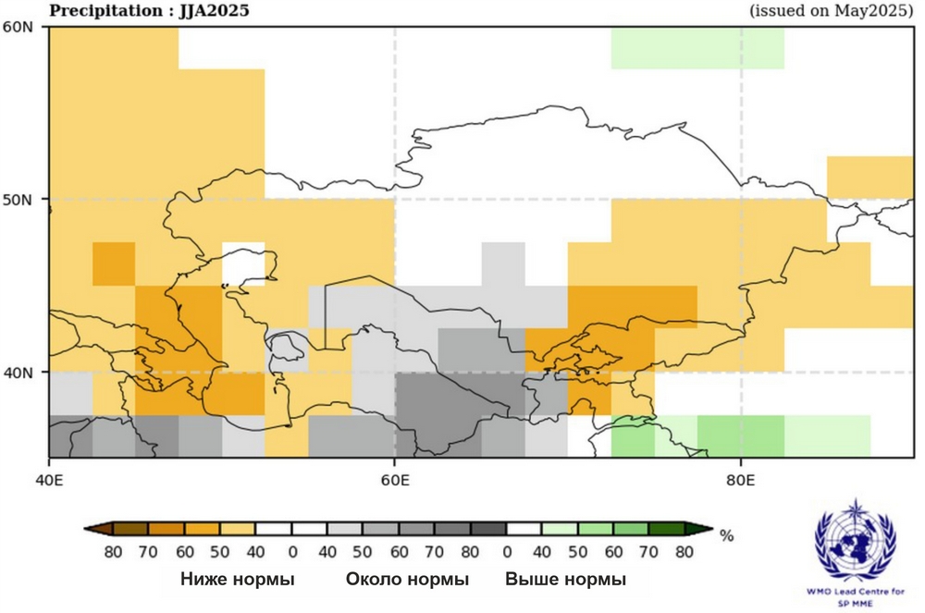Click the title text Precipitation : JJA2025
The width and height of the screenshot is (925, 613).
point(148,11)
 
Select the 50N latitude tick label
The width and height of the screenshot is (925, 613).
point(18,199)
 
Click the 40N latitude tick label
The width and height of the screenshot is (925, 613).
point(18,372)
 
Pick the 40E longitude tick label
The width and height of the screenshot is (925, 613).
point(48,482)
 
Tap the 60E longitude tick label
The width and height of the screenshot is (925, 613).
point(395,482)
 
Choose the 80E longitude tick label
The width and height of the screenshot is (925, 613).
point(741,482)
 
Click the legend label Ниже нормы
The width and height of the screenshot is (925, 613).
point(238,580)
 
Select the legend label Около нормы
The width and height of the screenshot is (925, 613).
point(407,580)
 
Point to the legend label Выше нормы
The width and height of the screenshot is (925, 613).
point(565,580)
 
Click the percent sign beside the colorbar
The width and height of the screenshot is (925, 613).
point(726,535)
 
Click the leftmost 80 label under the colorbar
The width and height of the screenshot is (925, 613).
point(114,552)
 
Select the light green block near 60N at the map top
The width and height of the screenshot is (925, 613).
point(697,48)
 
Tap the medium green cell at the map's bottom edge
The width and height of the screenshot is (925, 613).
point(741,435)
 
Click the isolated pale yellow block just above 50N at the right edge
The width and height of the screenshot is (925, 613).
point(869,177)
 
